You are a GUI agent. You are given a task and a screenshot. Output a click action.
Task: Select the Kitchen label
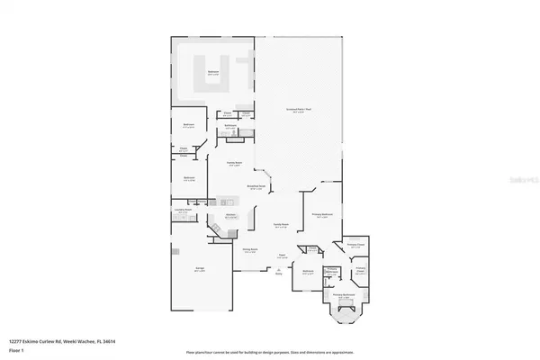[x=230, y=215]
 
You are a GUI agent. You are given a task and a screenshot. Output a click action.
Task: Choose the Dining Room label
[x=251, y=251]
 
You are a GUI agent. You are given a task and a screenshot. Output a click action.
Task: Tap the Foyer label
[x=280, y=256]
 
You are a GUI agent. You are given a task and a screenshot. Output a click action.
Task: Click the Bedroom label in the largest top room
[x=214, y=73]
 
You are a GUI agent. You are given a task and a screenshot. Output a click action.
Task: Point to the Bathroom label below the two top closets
[x=230, y=126]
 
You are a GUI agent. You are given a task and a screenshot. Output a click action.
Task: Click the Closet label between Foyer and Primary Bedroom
[x=310, y=249]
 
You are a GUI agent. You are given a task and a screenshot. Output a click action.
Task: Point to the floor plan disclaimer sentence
[x=269, y=352]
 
